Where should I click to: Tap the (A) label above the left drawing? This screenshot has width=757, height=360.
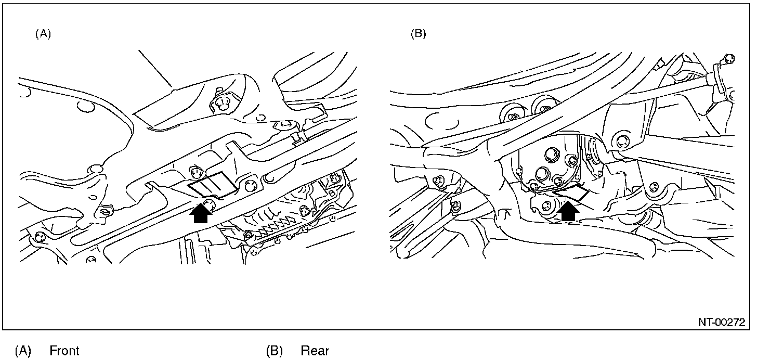[x=43, y=34]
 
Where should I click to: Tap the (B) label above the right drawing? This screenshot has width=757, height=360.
[x=418, y=34]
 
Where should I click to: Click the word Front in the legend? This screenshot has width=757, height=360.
[x=64, y=351]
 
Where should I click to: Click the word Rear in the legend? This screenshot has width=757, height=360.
[x=315, y=351]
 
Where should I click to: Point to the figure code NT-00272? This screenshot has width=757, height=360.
[x=722, y=323]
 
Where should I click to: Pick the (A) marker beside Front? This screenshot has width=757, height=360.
[x=22, y=351]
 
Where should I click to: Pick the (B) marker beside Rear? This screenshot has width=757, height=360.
[x=274, y=351]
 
